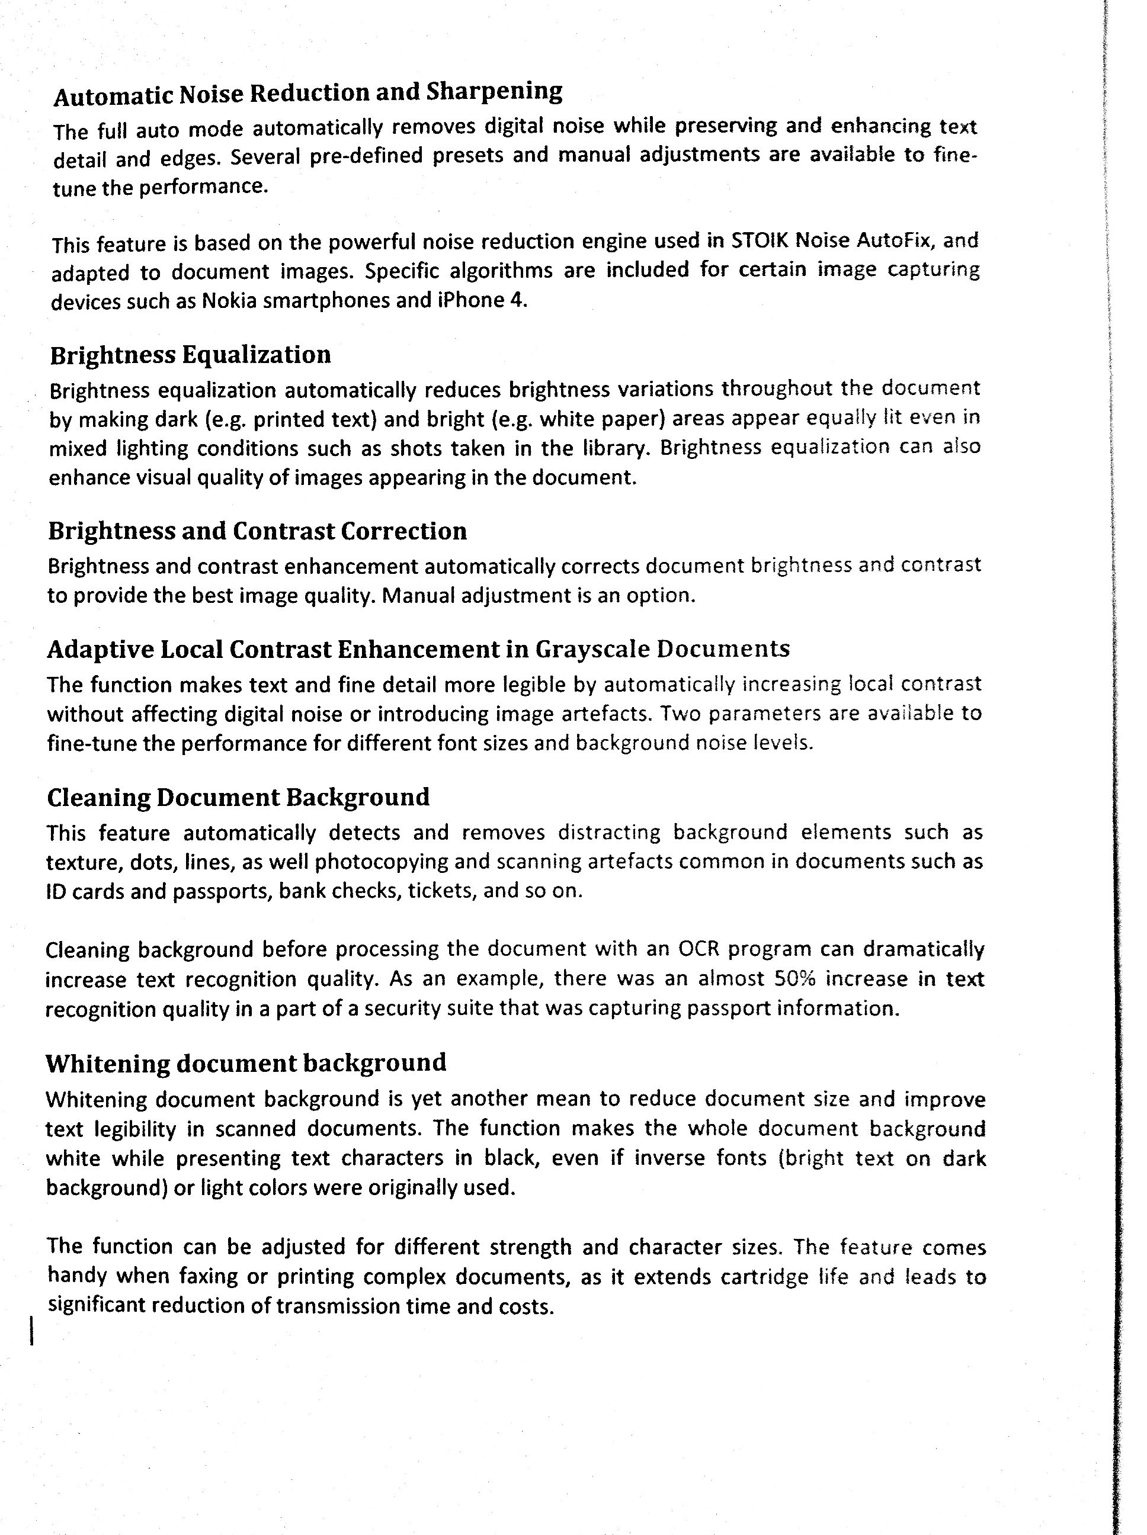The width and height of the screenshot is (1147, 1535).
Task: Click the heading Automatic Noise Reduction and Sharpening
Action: [x=307, y=93]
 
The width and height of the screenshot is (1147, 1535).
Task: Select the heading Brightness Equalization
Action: [x=190, y=355]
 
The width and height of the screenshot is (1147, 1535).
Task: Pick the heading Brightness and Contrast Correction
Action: [x=257, y=531]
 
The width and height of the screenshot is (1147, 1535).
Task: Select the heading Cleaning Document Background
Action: [x=238, y=797]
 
